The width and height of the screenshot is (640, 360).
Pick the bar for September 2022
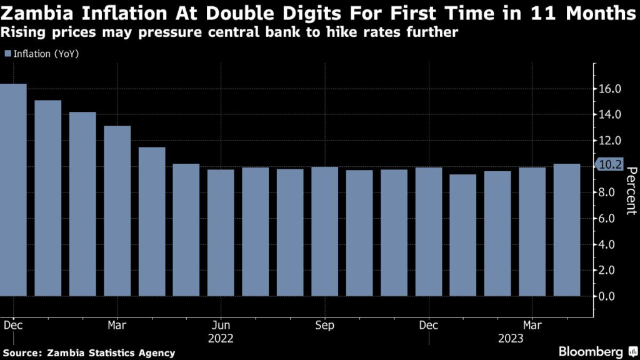tap(324, 231)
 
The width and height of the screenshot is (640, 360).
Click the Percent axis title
tap(631, 191)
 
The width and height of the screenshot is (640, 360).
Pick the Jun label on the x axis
tap(221, 326)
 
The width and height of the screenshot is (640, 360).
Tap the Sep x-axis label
tap(324, 326)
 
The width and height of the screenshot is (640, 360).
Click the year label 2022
tap(221, 339)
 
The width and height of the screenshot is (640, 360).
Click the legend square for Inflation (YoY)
tap(7, 54)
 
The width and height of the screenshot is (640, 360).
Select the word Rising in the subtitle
tap(19, 31)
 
